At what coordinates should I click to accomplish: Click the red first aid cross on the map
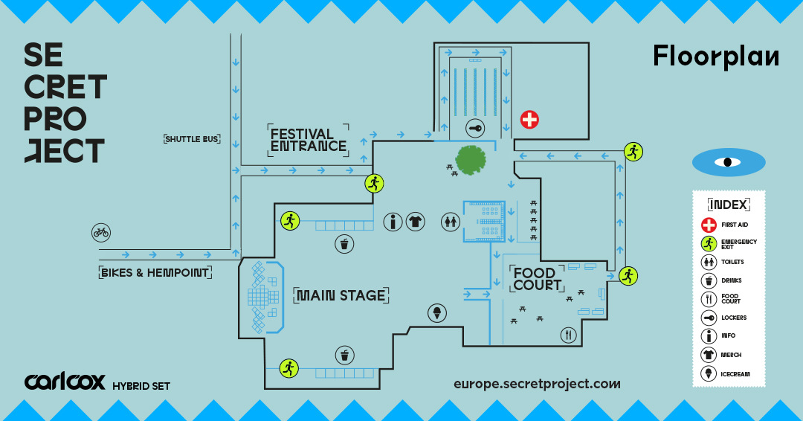529,119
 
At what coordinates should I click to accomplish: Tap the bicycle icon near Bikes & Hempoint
101,232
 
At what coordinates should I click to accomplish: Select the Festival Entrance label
308,140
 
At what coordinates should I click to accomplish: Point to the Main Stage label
341,295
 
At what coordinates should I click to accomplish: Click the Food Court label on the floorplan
536,279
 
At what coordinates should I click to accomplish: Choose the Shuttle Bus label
193,138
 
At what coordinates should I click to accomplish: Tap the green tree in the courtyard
471,159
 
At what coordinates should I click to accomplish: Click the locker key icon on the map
476,129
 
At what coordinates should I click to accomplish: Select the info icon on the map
393,221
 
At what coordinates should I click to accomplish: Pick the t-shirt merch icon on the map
415,221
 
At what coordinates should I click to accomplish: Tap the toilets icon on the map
451,221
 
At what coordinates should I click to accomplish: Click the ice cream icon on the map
437,313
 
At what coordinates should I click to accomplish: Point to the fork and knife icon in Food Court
570,335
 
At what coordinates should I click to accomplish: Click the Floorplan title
715,57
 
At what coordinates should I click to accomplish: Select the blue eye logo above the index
728,162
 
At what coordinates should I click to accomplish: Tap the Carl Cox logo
65,382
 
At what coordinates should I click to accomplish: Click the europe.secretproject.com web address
537,384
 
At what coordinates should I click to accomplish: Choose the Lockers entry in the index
733,318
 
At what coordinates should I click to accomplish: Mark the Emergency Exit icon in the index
708,243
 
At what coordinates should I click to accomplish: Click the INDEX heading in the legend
729,204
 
